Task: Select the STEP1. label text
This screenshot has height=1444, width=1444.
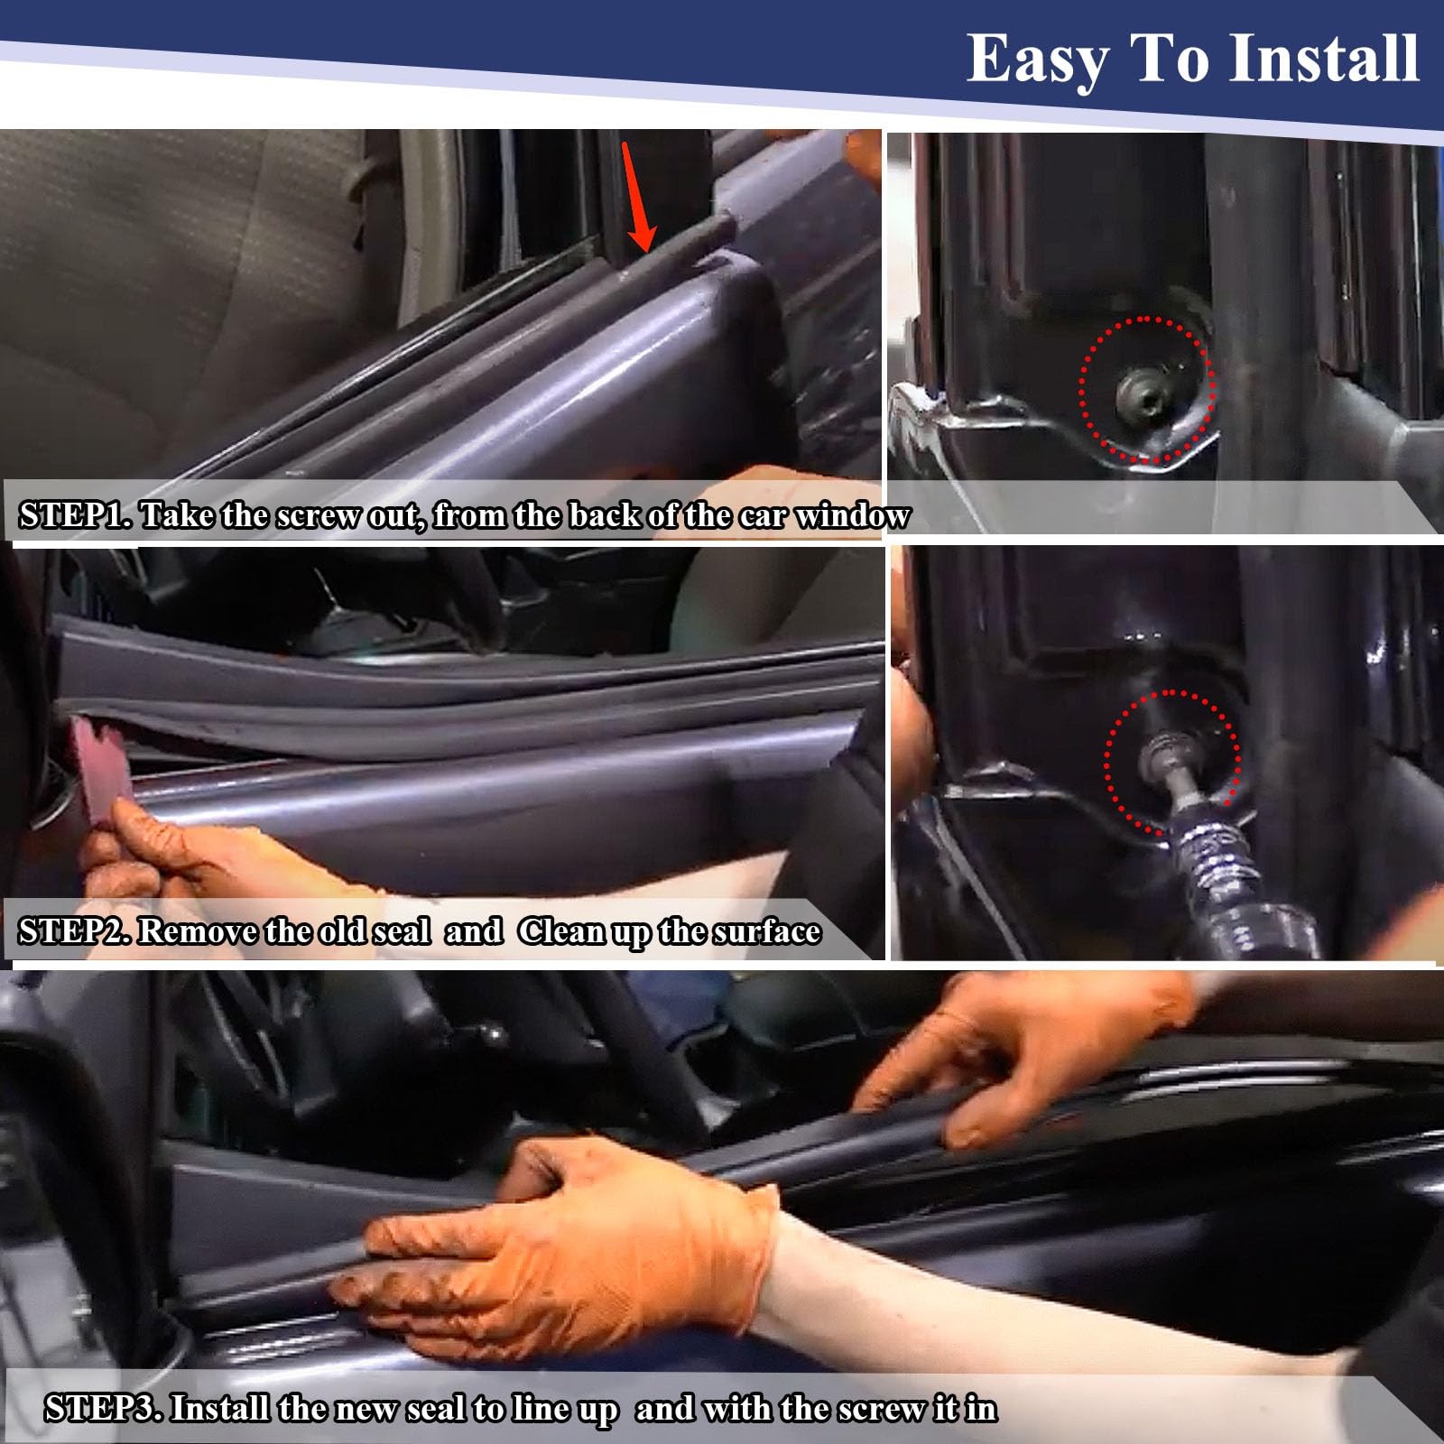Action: tap(77, 515)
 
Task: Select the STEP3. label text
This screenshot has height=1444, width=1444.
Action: tap(103, 1408)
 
